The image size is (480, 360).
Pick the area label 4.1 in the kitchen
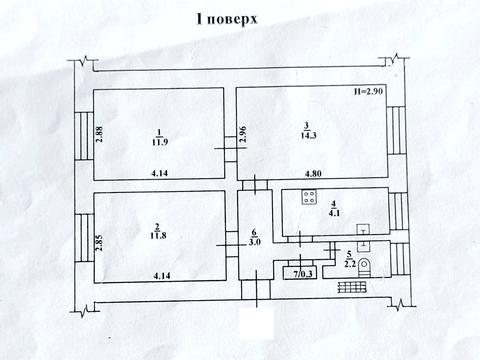pos(333,211)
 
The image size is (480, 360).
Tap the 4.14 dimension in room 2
pos(158,275)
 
